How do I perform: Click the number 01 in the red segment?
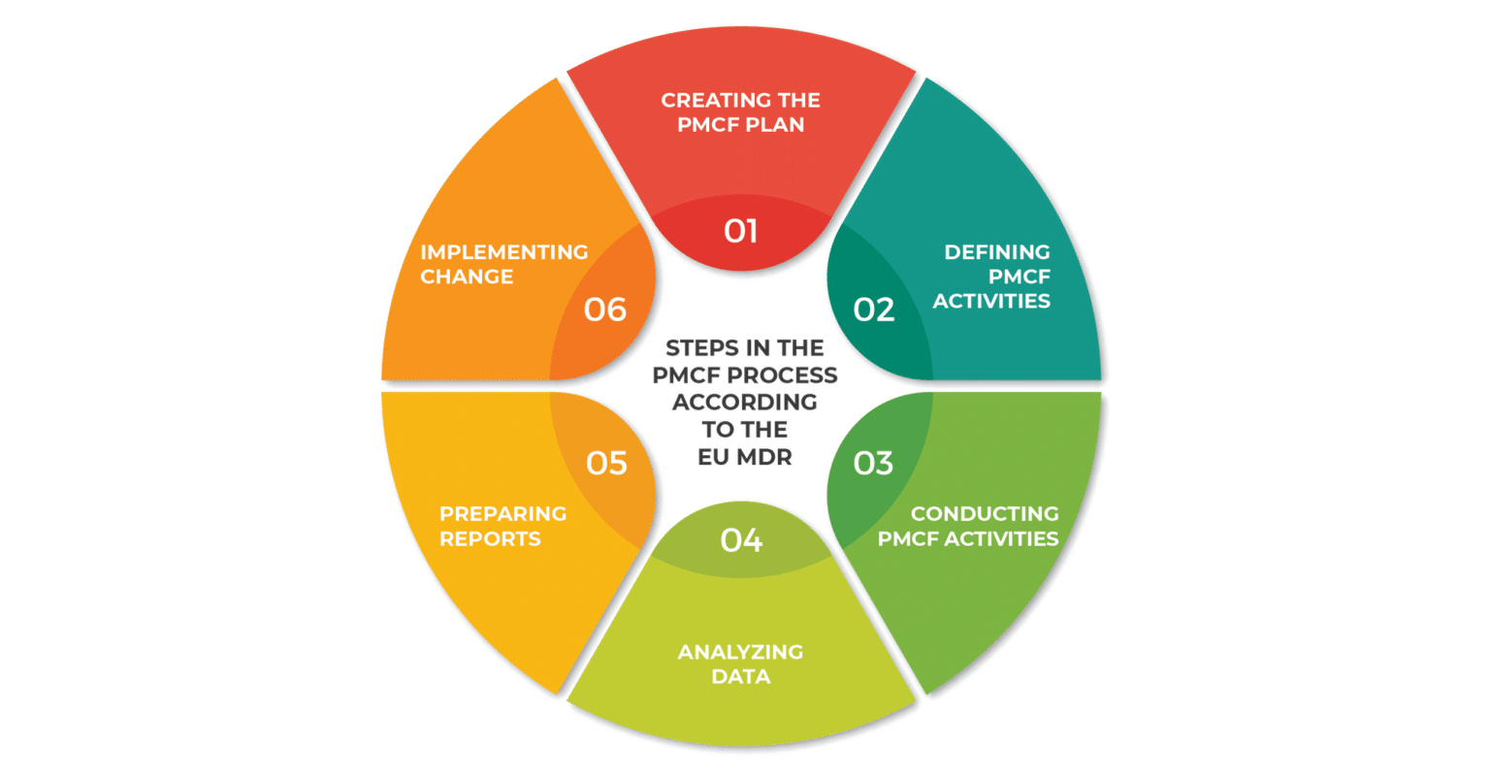[x=741, y=231]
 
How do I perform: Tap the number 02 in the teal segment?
[x=873, y=309]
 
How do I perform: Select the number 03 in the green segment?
[x=873, y=463]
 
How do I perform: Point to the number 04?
[x=741, y=539]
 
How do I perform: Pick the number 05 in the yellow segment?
[x=606, y=463]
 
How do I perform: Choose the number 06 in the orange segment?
[x=605, y=309]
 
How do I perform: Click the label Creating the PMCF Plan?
[x=740, y=112]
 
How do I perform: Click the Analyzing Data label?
[x=740, y=664]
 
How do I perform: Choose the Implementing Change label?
[x=503, y=264]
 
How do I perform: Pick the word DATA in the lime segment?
[x=740, y=676]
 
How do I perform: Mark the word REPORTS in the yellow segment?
[x=490, y=538]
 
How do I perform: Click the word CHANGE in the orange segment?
[x=467, y=276]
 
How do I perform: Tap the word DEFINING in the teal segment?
[x=997, y=252]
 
